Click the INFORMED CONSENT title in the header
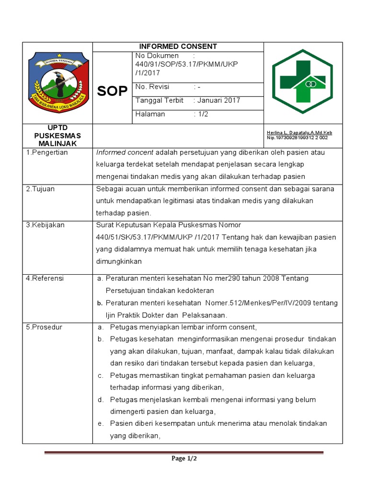pyautogui.click(x=178, y=47)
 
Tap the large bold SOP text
pyautogui.click(x=113, y=91)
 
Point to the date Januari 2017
pyautogui.click(x=218, y=101)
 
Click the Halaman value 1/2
pyautogui.click(x=204, y=114)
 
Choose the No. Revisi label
pyautogui.click(x=152, y=87)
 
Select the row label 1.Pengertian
pyautogui.click(x=47, y=152)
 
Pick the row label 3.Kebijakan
pyautogui.click(x=45, y=225)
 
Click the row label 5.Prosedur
pyautogui.click(x=44, y=327)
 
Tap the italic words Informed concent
pyautogui.click(x=125, y=152)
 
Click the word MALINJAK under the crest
pyautogui.click(x=57, y=143)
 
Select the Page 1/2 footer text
pyautogui.click(x=184, y=459)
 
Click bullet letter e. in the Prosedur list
pyautogui.click(x=101, y=424)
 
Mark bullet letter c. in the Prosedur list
pyautogui.click(x=101, y=375)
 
